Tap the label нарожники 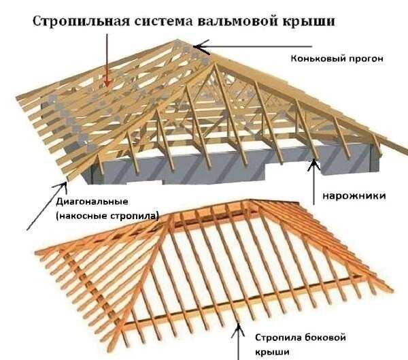354,195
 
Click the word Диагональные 92,202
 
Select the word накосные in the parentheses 82,216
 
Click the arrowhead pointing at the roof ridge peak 201,47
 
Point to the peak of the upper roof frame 178,40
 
